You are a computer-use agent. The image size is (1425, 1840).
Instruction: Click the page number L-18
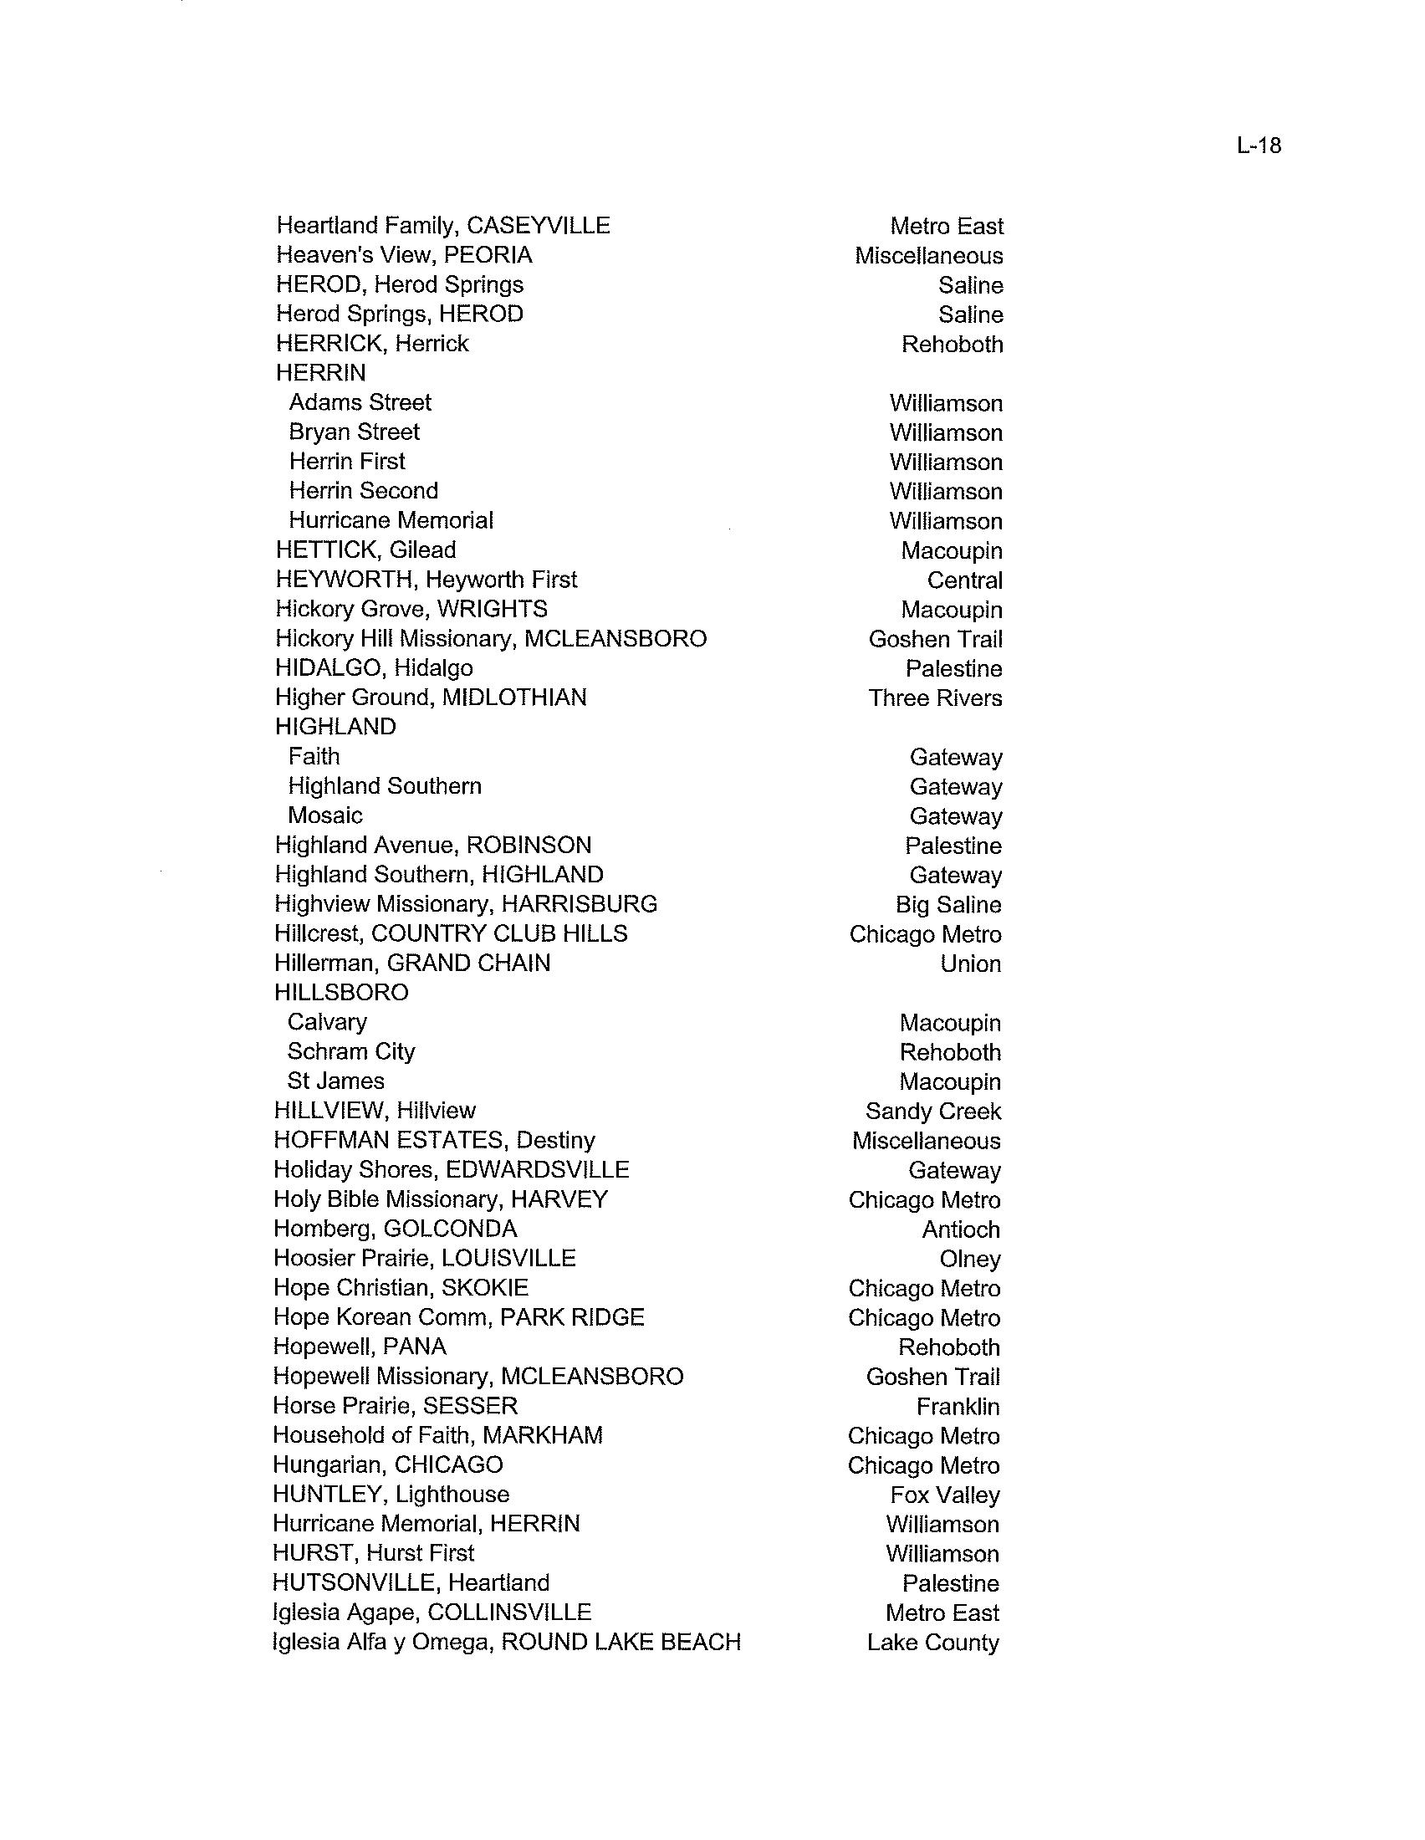pos(1259,146)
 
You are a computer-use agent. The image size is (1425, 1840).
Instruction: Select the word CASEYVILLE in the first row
pos(539,226)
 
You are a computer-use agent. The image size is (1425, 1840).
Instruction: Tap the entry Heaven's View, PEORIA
pos(404,255)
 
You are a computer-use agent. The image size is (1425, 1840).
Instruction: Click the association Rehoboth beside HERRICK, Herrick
pos(952,345)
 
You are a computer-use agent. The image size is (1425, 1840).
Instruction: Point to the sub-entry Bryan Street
pos(354,432)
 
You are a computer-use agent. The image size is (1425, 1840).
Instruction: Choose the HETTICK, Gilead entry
pos(365,550)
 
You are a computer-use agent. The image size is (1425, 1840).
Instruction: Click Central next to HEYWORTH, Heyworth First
pos(964,580)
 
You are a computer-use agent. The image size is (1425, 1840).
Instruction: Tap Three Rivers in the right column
pos(935,698)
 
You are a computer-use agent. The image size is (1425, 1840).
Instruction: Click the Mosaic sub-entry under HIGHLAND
pos(325,815)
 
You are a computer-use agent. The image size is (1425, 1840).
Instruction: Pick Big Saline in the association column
pos(948,905)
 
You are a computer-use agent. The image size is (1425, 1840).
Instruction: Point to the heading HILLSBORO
pos(341,993)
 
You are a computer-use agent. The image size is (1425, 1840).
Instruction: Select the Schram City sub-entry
pos(351,1051)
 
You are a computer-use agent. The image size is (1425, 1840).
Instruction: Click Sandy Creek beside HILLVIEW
pos(933,1112)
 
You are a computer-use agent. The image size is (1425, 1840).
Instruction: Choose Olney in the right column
pos(970,1259)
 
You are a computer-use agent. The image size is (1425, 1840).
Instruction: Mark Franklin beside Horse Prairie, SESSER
pos(958,1406)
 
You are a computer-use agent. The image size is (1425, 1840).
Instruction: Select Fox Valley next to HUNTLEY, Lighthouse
pos(945,1495)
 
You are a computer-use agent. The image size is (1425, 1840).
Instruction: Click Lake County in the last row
pos(932,1642)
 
